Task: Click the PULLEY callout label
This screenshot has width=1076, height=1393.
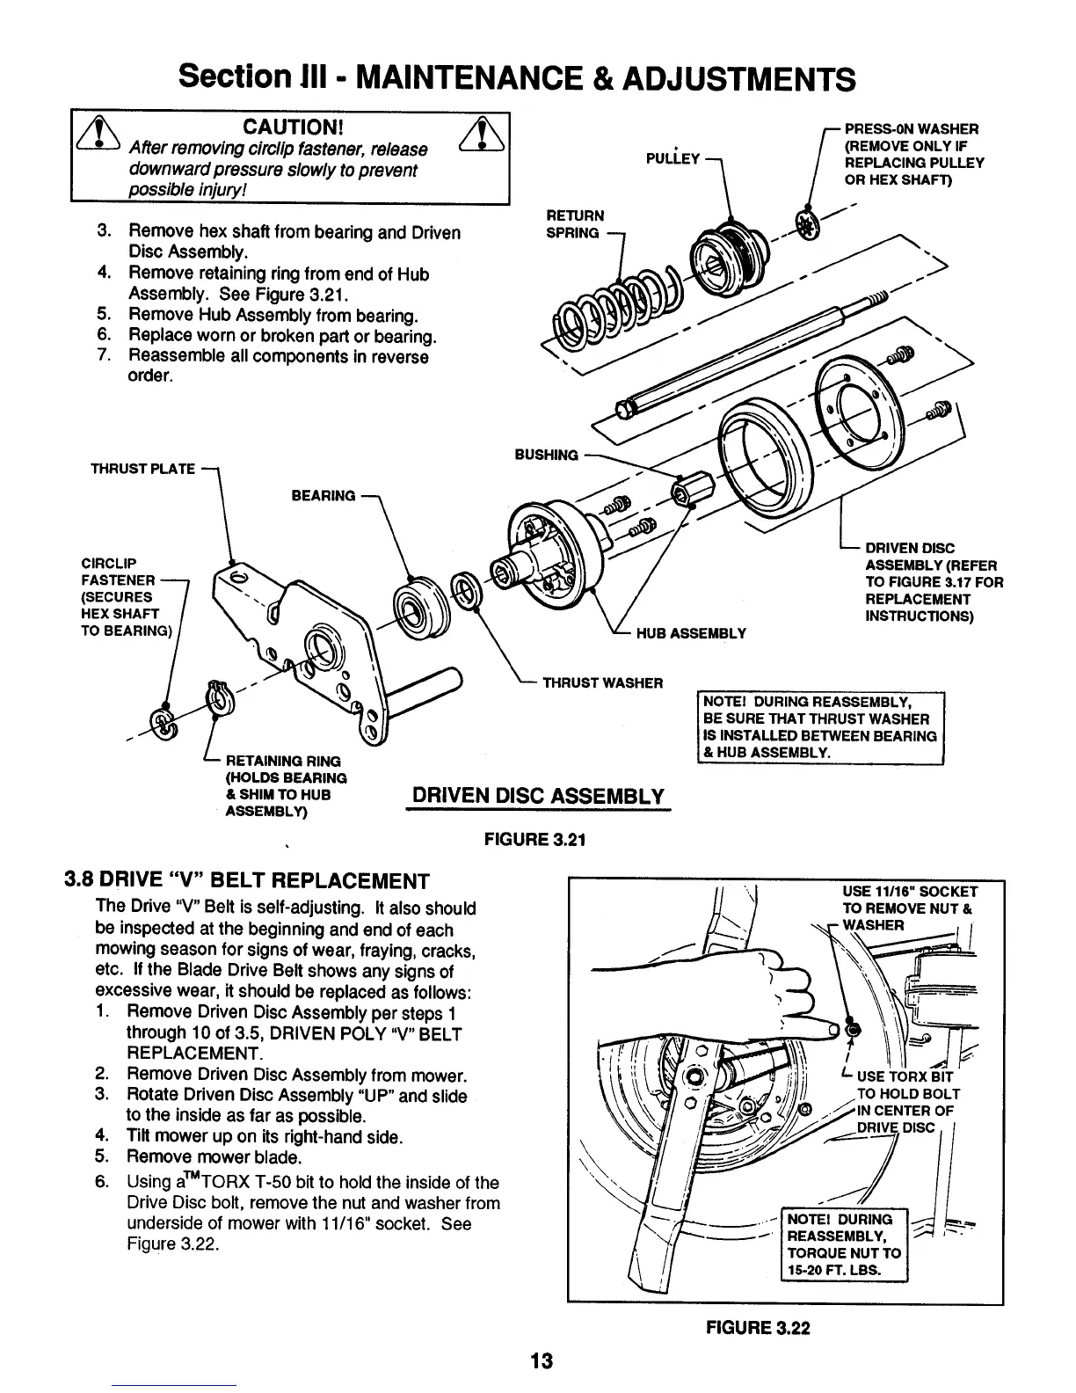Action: tap(671, 158)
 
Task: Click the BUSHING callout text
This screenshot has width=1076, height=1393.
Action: tap(546, 455)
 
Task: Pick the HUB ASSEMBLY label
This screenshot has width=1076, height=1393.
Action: tap(695, 632)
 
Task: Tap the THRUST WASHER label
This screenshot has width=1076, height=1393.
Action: tap(602, 682)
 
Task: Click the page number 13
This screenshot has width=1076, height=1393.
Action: tap(539, 1361)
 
